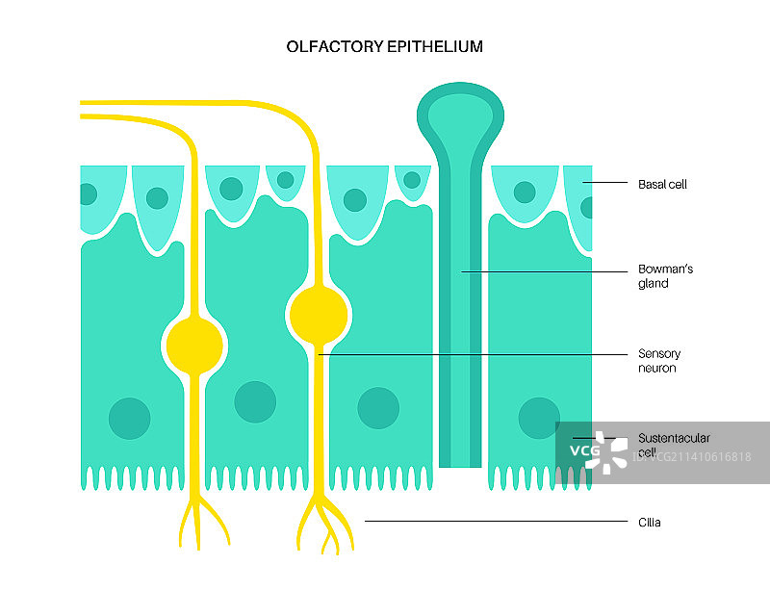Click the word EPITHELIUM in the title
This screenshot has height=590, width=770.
point(436,46)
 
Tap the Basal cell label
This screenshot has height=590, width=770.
point(662,183)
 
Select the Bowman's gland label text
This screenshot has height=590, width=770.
point(665,276)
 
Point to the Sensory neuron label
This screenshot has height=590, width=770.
point(659,361)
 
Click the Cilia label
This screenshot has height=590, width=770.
point(650,523)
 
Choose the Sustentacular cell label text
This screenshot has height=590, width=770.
point(674,444)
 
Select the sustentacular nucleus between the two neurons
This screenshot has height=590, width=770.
point(255,402)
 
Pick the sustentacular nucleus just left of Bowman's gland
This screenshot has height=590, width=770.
point(378,407)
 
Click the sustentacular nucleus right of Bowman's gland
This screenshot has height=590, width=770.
point(538,418)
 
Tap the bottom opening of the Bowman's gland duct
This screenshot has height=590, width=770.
point(459,463)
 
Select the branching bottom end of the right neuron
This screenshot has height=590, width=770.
point(322,525)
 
